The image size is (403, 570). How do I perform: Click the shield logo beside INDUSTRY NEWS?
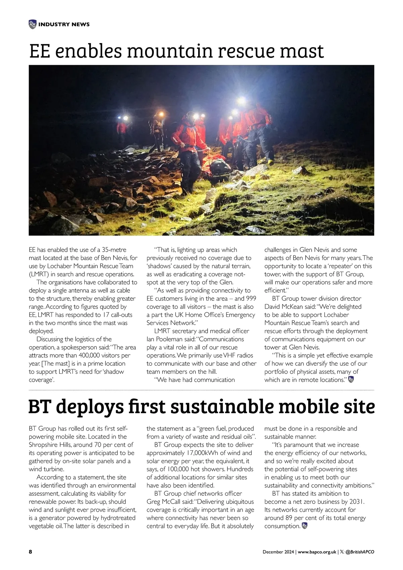(33, 24)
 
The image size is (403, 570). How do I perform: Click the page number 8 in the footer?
(31, 552)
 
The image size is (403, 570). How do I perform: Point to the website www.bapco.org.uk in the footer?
(317, 552)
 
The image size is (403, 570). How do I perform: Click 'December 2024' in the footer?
(278, 552)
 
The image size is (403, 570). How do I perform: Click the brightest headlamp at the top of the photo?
(241, 100)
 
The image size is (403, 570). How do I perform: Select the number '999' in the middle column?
(251, 298)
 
